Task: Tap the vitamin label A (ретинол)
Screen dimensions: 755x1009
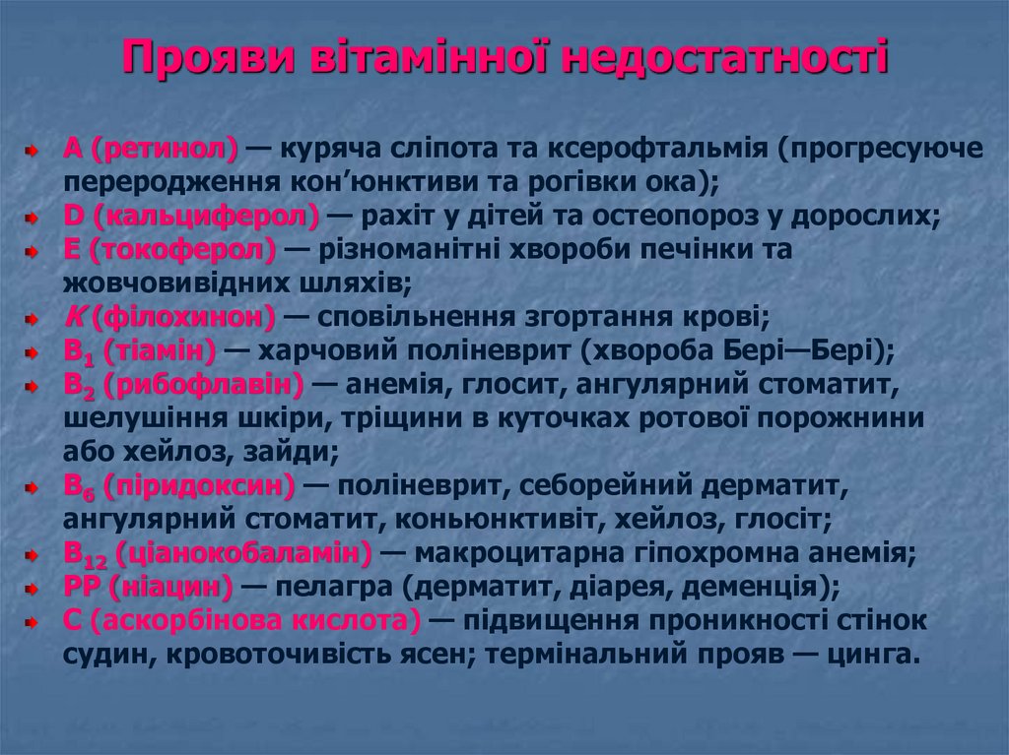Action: (151, 151)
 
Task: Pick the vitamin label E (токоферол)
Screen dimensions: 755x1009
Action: (169, 250)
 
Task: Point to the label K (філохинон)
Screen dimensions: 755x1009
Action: (168, 317)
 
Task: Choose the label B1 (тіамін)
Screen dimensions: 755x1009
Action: (139, 350)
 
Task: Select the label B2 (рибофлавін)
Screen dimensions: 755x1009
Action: (183, 384)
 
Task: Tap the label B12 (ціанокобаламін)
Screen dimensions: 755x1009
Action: (218, 552)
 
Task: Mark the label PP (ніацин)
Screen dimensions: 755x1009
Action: (149, 588)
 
